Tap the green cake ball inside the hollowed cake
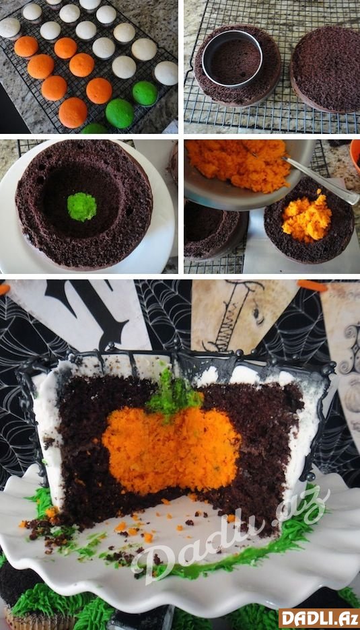(x=81, y=207)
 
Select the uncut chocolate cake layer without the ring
(x=326, y=68)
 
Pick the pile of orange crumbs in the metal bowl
(x=238, y=164)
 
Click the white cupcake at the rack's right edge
(x=166, y=73)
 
